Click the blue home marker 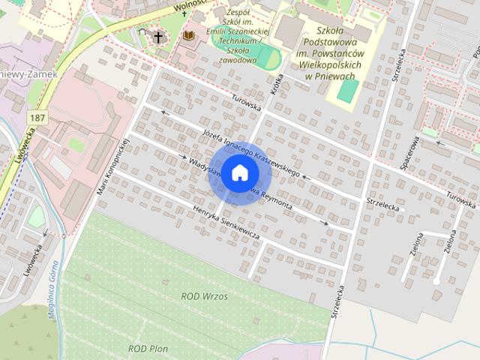point(239,172)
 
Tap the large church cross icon point(158,37)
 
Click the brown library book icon point(188,36)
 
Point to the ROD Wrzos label point(204,296)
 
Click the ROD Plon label point(148,349)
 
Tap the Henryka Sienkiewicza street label point(225,223)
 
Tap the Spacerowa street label point(409,153)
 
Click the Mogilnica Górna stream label point(55,289)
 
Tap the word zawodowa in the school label point(238,61)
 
